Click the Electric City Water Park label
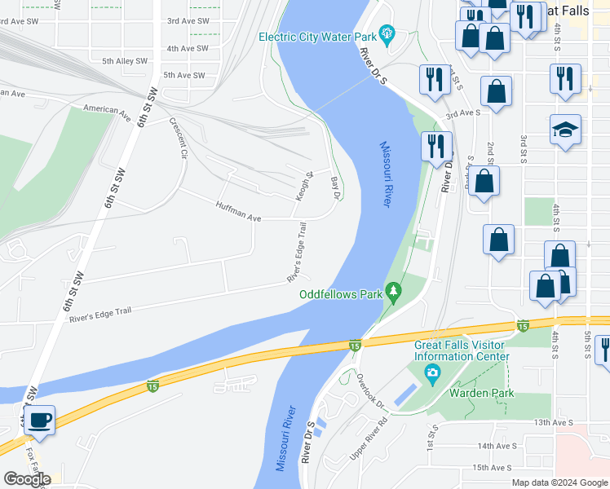[318, 37]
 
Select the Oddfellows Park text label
[341, 293]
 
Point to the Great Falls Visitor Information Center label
[462, 350]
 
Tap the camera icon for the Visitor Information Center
[432, 375]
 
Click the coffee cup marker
[39, 421]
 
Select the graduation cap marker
[565, 130]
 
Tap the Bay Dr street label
[334, 187]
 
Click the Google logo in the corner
[27, 479]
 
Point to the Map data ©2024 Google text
[559, 482]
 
